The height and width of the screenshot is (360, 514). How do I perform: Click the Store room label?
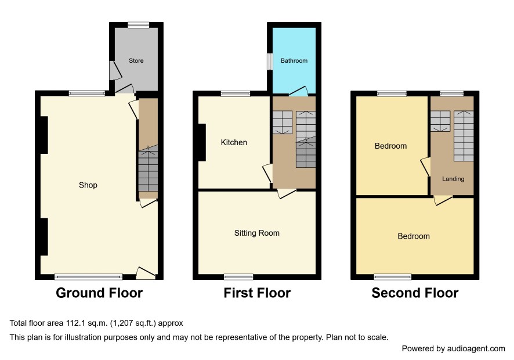136,61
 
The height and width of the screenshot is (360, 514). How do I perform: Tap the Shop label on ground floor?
88,185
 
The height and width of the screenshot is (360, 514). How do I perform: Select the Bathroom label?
294,61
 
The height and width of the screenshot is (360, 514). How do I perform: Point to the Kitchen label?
234,142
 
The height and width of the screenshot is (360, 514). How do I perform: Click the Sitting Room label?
256,233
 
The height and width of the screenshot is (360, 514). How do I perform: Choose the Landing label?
453,179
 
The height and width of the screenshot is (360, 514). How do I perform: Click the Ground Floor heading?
99,293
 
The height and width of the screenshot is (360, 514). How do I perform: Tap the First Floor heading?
257,293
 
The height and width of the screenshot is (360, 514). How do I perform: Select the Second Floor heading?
415,293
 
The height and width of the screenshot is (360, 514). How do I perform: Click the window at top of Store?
138,25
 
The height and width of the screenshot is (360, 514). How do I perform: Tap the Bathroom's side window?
270,62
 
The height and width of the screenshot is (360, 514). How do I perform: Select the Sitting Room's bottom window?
238,277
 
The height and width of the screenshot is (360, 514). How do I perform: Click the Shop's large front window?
88,277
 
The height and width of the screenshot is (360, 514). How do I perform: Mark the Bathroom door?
299,91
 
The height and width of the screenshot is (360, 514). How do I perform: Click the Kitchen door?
268,173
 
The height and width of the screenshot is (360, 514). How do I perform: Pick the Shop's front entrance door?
146,273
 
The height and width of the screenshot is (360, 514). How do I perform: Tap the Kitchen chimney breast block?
202,142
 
